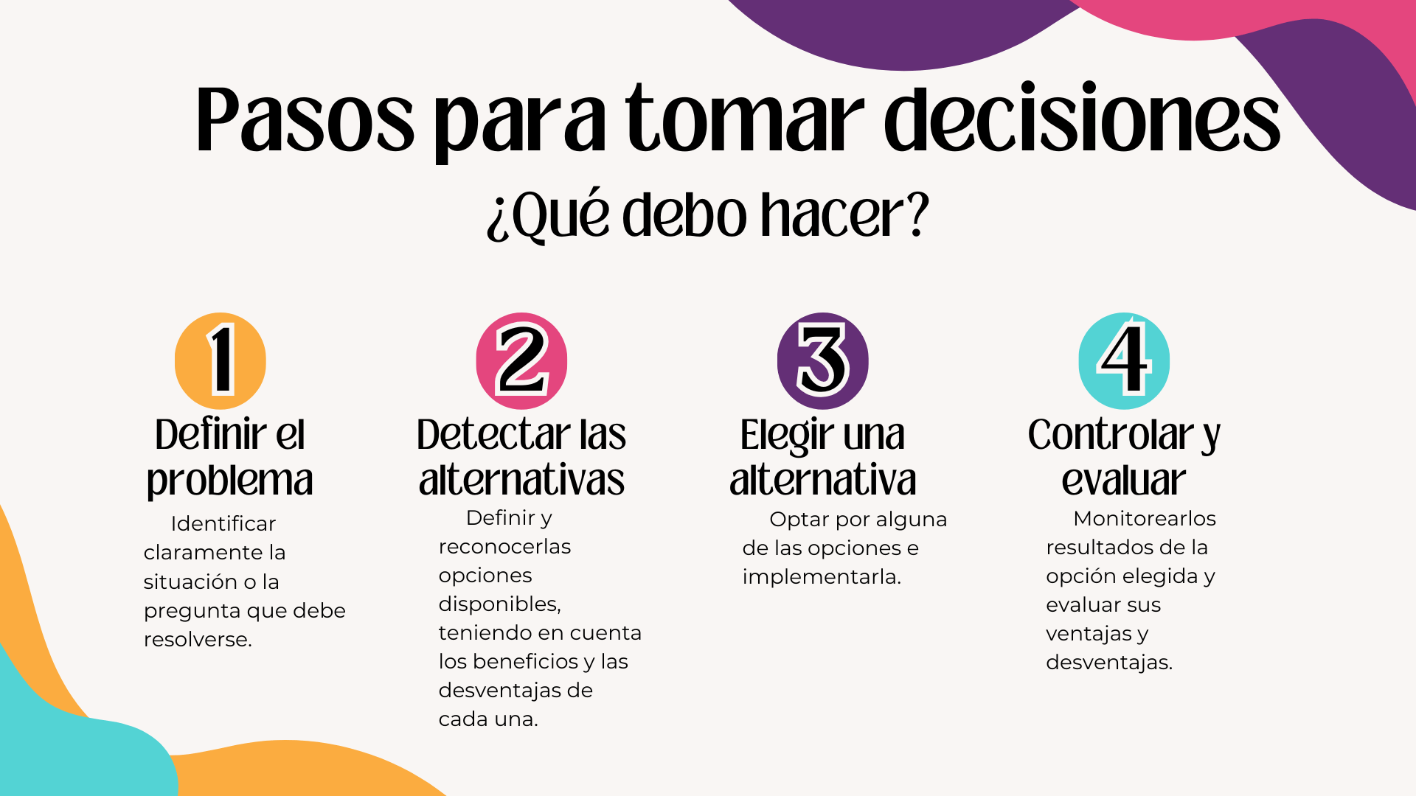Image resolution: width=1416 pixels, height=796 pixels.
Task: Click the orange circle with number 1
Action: (221, 361)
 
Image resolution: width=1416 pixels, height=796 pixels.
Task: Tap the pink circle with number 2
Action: (521, 361)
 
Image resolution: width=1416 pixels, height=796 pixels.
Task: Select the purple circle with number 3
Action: (823, 361)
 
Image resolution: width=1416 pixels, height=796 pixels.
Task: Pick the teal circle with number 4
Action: (1124, 361)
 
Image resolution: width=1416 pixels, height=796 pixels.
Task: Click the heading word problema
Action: (230, 480)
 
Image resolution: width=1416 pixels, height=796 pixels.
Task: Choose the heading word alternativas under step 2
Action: (522, 479)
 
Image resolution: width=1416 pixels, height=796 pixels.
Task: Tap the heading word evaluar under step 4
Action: (1124, 480)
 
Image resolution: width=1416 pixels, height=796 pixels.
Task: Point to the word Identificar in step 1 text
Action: (223, 523)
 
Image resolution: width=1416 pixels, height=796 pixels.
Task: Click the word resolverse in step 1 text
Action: (198, 639)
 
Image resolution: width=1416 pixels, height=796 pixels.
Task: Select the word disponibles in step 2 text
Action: (500, 604)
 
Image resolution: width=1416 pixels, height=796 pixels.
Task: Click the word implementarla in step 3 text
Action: (822, 577)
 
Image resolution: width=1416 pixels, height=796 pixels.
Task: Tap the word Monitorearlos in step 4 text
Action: (1145, 518)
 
